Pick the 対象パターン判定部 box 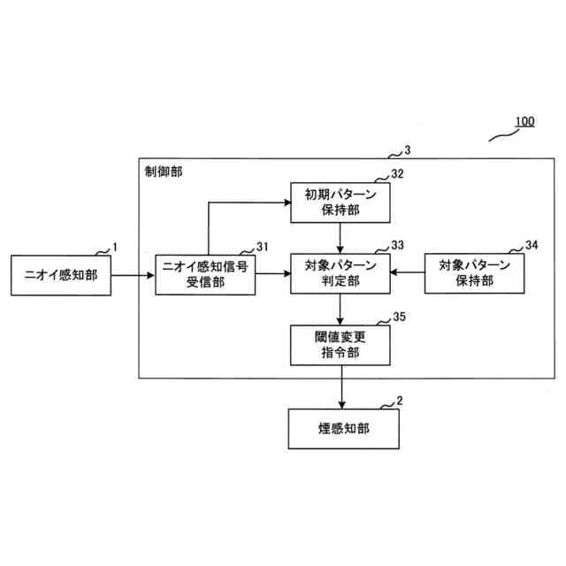coord(340,274)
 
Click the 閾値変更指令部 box coord(340,345)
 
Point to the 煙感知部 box coord(340,431)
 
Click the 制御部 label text coord(164,170)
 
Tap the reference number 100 coord(524,121)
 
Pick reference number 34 coord(531,245)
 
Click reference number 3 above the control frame coord(406,150)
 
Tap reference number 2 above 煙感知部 coord(400,401)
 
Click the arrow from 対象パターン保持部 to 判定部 coord(408,274)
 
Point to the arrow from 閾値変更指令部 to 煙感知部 coord(340,388)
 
